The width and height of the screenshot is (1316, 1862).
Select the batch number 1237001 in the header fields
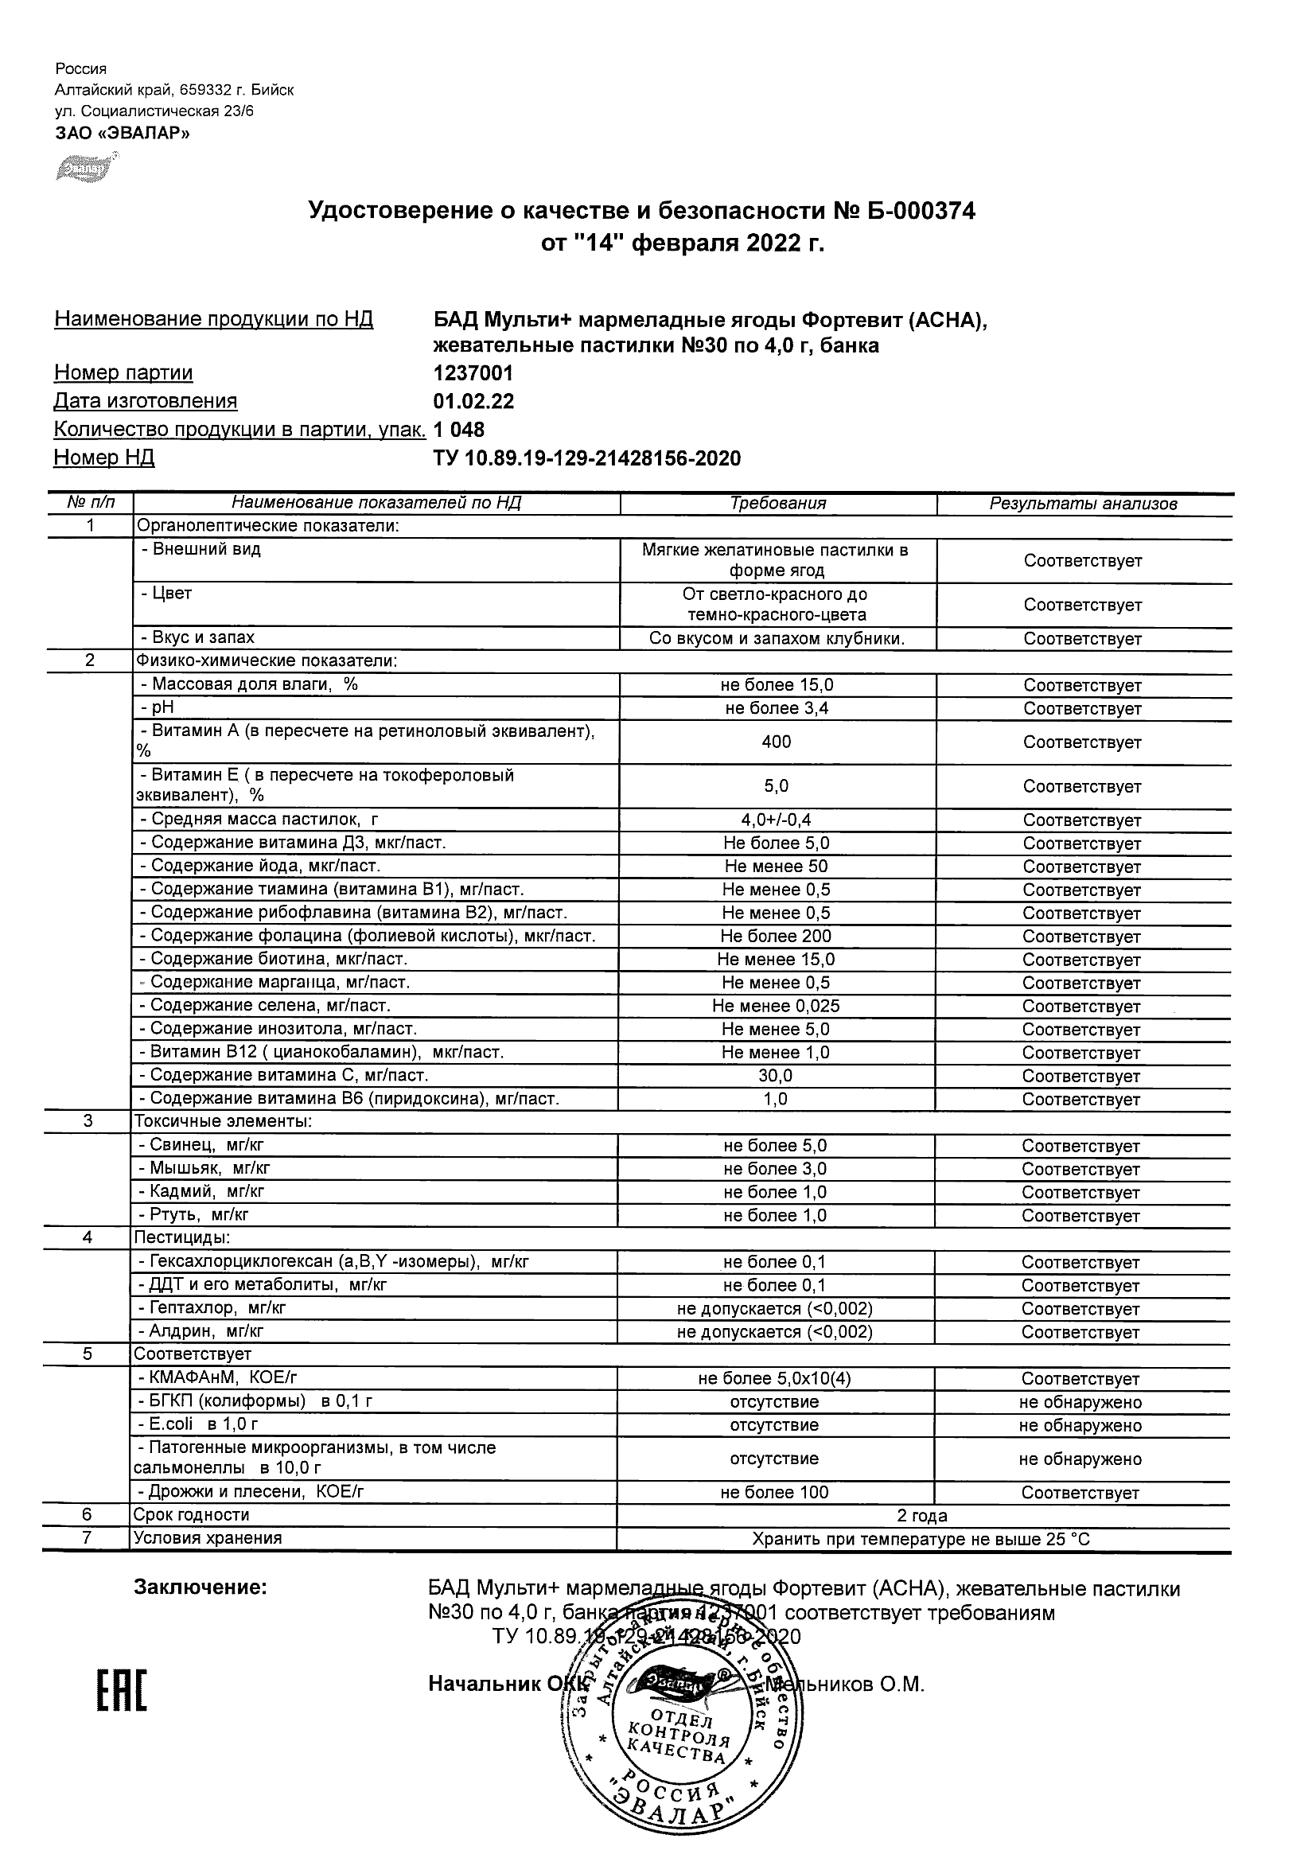point(473,373)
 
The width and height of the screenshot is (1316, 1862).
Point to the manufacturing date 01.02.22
point(473,401)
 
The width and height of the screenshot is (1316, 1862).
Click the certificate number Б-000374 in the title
point(916,212)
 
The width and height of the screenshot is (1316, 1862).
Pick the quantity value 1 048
point(459,430)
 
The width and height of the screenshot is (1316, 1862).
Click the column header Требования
point(777,504)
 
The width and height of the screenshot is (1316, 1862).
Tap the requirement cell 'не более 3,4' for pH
point(777,709)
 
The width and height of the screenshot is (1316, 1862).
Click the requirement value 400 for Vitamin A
point(776,742)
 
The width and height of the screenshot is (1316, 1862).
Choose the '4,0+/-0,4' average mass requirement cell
point(776,820)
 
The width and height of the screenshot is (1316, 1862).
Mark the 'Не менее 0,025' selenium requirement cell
point(776,1007)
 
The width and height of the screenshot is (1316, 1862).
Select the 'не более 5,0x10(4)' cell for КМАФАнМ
point(774,1379)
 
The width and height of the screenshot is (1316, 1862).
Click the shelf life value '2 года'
point(922,1516)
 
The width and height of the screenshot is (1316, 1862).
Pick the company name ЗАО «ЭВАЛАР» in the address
point(123,133)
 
